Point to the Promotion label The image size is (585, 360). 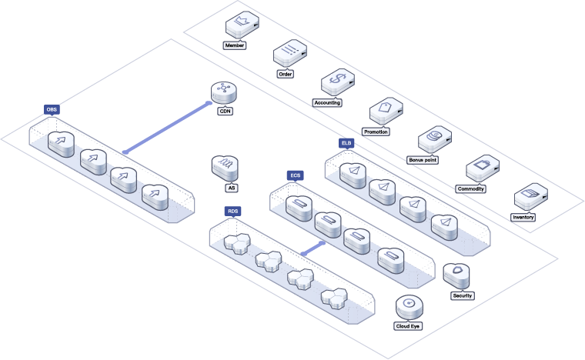click(x=376, y=132)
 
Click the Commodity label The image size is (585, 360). click(x=471, y=188)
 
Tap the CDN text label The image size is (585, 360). click(x=226, y=111)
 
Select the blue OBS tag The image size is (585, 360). click(x=52, y=110)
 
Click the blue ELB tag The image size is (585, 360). click(x=346, y=143)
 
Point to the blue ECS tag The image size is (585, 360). click(x=295, y=175)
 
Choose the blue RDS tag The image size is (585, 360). click(x=232, y=211)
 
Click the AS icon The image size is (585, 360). click(x=226, y=167)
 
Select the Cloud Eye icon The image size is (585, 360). click(x=409, y=307)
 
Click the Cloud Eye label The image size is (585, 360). click(x=408, y=325)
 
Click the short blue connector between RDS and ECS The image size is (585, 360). click(x=312, y=248)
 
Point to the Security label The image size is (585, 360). click(x=463, y=295)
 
